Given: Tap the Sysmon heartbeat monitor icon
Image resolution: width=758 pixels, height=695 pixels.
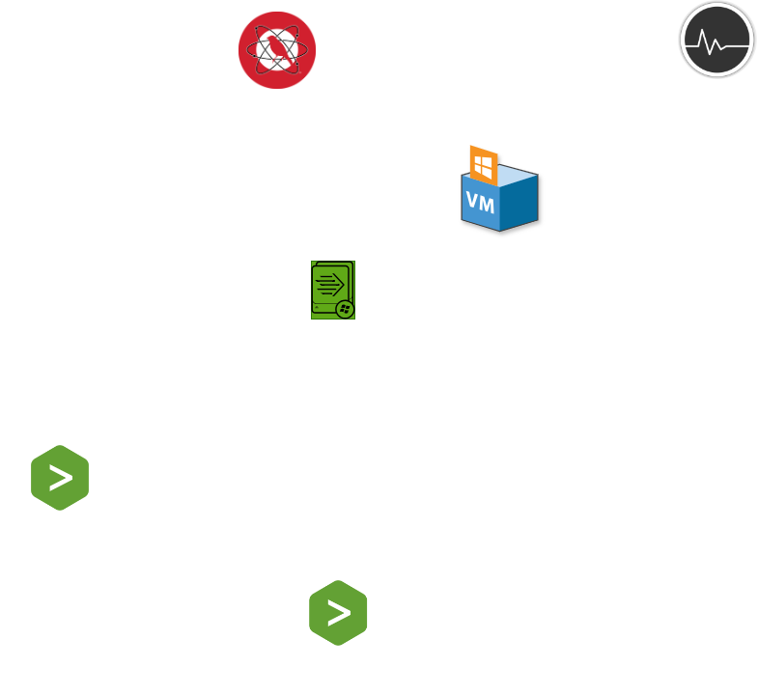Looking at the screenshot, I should [x=716, y=40].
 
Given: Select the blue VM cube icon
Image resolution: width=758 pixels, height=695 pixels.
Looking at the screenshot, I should [x=499, y=199].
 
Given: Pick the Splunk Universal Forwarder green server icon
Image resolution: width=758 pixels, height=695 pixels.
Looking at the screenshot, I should [x=332, y=290].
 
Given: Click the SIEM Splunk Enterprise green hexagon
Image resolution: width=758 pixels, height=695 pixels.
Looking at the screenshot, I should [x=60, y=477].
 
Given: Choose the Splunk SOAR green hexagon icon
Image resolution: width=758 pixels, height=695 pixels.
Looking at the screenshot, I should [x=338, y=612].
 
